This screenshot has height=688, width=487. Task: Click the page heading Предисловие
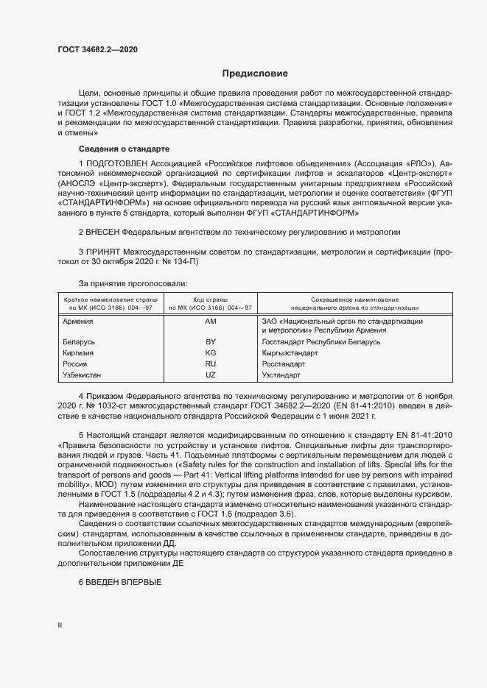tap(255, 74)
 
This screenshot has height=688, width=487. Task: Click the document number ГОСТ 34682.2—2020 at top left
tap(97, 49)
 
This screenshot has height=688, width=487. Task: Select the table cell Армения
tap(78, 322)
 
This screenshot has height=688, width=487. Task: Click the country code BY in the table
tap(210, 343)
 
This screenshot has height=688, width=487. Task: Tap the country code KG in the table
tap(210, 353)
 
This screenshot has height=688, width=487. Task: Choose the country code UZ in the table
tap(210, 375)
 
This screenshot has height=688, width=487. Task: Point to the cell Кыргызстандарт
tap(290, 353)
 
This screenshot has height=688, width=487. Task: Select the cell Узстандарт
tap(280, 375)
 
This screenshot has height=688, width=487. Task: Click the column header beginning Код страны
tap(210, 304)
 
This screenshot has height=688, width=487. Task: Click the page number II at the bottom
tap(60, 625)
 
